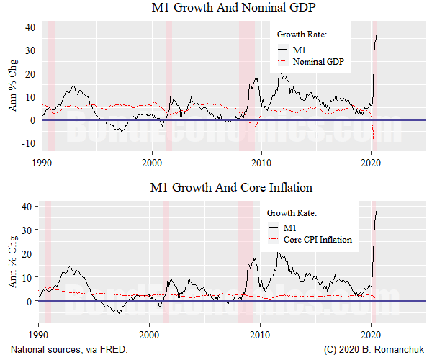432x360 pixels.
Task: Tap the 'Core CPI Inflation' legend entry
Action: click(x=318, y=240)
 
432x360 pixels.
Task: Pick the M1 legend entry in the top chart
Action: click(x=300, y=49)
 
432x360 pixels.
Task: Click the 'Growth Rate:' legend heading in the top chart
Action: click(x=302, y=34)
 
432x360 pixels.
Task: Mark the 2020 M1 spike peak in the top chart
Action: click(x=377, y=31)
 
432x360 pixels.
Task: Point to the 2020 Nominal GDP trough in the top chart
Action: click(x=376, y=142)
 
